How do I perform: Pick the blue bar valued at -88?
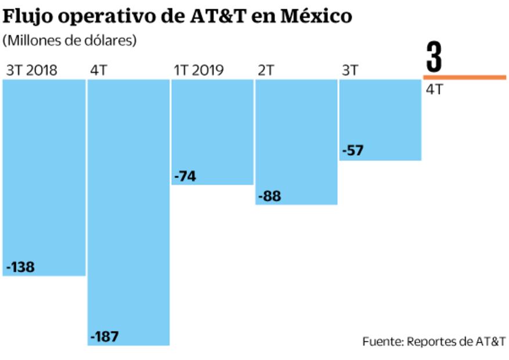point(297,142)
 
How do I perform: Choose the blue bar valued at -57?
point(380,120)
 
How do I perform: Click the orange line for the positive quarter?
point(464,77)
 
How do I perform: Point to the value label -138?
point(21,267)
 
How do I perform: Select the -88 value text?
point(269,196)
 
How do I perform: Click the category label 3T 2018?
point(32,71)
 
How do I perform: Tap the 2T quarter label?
point(266,71)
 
